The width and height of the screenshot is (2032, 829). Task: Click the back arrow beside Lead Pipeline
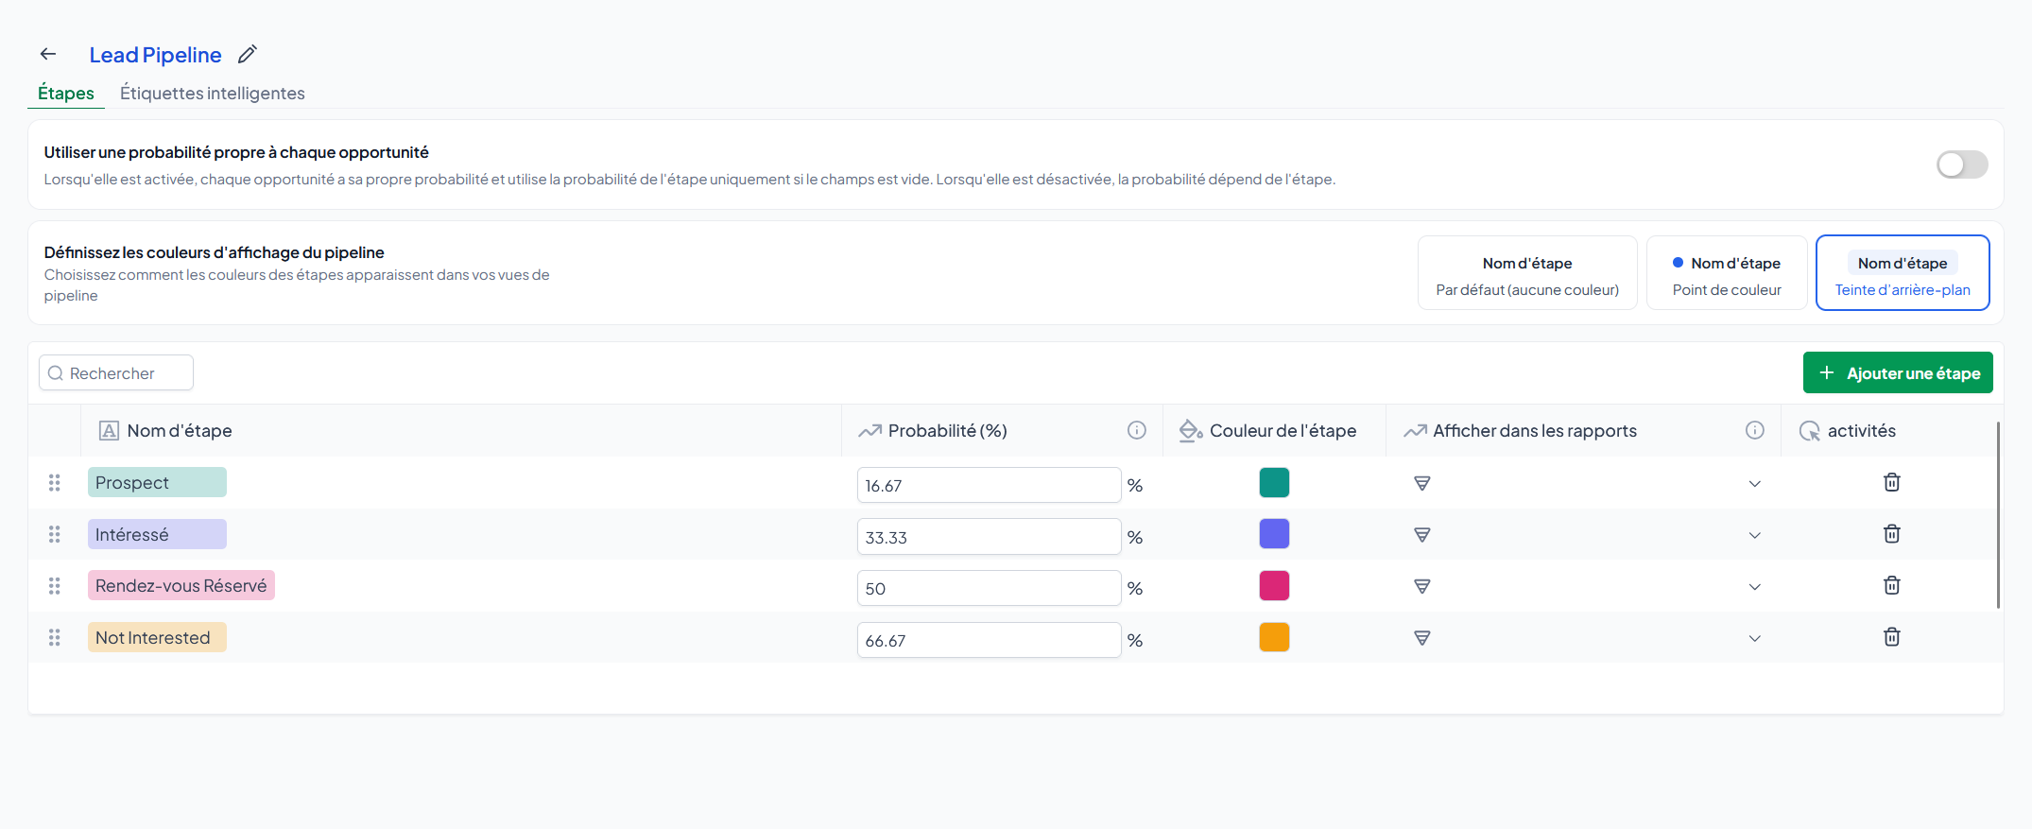[x=48, y=54]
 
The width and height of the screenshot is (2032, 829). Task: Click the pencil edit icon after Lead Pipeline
[x=247, y=54]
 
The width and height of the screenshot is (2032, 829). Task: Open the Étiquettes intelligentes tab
[x=213, y=93]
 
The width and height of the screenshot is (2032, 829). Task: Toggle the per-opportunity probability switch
[x=1962, y=164]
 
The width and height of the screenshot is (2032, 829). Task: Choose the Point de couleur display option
[x=1727, y=273]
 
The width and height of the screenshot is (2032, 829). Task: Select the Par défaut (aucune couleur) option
[x=1527, y=273]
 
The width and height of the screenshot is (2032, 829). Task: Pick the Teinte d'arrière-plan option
[x=1903, y=273]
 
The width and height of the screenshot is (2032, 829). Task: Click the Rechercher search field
[x=116, y=372]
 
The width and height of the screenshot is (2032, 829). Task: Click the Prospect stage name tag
[x=157, y=482]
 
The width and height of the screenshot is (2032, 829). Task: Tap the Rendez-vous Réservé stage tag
[x=181, y=585]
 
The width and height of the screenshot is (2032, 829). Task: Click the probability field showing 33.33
[x=989, y=537]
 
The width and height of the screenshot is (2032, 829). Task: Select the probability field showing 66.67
[x=989, y=640]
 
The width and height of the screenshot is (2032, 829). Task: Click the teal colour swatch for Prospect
[x=1274, y=482]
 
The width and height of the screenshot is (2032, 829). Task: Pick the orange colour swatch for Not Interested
[x=1274, y=637]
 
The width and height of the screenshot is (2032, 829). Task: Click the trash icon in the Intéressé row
[x=1892, y=533]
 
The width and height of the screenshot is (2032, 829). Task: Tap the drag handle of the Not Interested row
[x=55, y=638]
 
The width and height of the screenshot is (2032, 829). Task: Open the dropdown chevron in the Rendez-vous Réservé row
[x=1755, y=587]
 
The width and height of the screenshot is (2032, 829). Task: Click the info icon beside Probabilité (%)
[x=1137, y=430]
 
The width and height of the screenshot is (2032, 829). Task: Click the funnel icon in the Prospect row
[x=1421, y=483]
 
